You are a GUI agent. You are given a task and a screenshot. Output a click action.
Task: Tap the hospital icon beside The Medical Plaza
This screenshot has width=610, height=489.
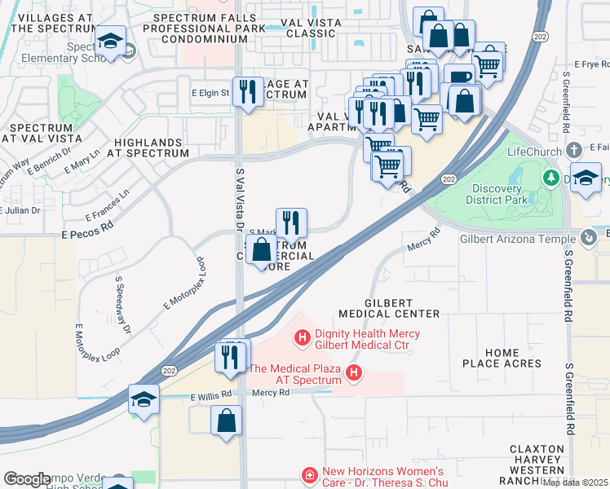(x=354, y=373)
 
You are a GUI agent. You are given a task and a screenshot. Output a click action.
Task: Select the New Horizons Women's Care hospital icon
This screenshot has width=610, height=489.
(x=309, y=474)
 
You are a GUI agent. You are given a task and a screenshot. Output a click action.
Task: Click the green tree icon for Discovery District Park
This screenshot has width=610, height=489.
(x=550, y=177)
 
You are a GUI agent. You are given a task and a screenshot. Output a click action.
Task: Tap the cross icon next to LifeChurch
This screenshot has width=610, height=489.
(x=574, y=150)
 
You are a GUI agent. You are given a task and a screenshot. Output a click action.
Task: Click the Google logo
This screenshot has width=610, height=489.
(x=27, y=479)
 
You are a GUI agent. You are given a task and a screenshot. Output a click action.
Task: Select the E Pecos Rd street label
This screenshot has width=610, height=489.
(x=86, y=234)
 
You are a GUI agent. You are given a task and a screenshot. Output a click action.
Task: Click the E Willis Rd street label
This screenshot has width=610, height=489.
(x=212, y=396)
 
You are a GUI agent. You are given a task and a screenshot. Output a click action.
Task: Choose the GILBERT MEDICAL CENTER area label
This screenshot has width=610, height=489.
(x=401, y=307)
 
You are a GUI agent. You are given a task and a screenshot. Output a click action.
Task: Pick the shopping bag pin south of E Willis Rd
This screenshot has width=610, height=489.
(x=226, y=421)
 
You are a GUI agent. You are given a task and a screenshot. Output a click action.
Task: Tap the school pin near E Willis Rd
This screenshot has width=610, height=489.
(x=144, y=399)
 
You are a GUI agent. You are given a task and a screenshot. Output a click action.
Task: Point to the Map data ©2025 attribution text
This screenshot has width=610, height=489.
(x=575, y=482)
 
